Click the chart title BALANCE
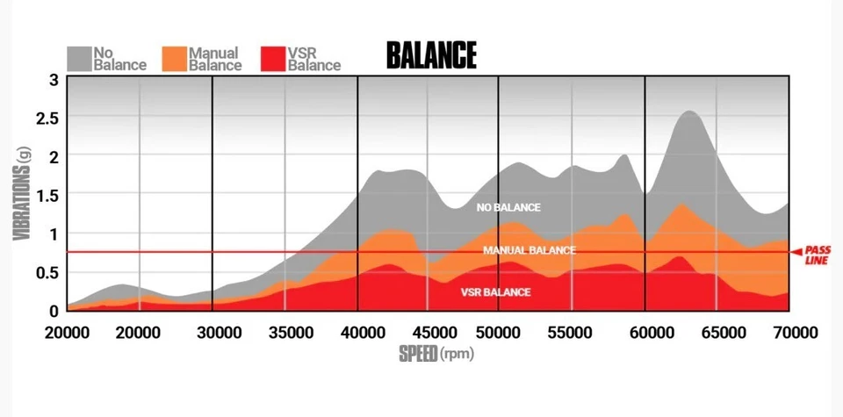431,55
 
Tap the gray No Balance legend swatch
79,58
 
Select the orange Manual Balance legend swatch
175,58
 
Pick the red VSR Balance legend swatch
274,58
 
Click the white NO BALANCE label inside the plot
508,208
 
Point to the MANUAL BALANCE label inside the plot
529,250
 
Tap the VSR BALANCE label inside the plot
495,292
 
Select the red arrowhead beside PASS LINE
796,253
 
